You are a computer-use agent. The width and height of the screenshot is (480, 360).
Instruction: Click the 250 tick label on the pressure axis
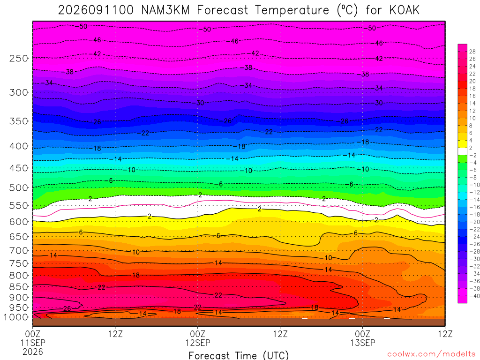19,58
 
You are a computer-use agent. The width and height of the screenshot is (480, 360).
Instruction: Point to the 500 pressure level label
19,187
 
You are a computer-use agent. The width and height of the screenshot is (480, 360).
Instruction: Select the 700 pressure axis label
19,251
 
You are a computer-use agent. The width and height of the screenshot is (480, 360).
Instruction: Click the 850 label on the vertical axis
19,287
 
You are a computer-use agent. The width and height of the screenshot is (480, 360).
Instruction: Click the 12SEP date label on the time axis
198,343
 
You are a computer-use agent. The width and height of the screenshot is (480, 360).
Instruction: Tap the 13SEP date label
363,343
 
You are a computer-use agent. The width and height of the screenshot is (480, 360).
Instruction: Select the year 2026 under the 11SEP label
33,352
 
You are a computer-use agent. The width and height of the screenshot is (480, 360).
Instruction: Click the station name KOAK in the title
404,10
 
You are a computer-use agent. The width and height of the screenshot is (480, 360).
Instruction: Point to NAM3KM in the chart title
165,10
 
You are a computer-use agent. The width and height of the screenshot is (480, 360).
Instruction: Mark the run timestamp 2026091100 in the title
96,10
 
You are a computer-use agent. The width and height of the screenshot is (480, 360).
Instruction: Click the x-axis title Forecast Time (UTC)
239,355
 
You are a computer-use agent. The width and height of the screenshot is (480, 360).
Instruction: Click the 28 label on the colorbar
472,52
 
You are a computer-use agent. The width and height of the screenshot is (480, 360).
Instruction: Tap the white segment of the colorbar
463,151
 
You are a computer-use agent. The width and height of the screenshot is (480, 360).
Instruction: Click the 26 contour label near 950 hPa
67,308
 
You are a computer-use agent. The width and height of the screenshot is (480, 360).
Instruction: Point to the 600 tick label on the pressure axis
19,222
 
